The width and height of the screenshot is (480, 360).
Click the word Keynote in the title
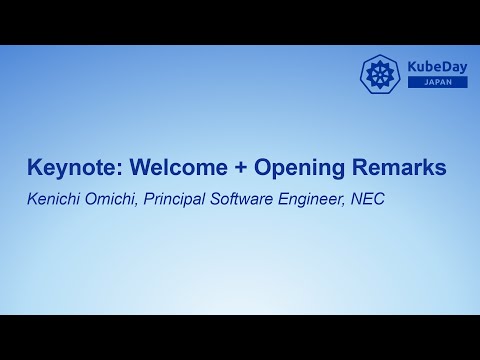click(x=66, y=169)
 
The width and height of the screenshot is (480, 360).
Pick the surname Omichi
click(x=110, y=199)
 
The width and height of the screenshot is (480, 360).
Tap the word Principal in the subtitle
click(x=176, y=199)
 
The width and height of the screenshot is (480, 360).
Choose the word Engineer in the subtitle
click(x=311, y=199)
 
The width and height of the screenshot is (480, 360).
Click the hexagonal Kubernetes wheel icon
click(x=380, y=73)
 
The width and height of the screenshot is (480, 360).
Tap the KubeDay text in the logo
click(x=436, y=66)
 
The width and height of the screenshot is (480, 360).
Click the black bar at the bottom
click(x=240, y=337)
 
